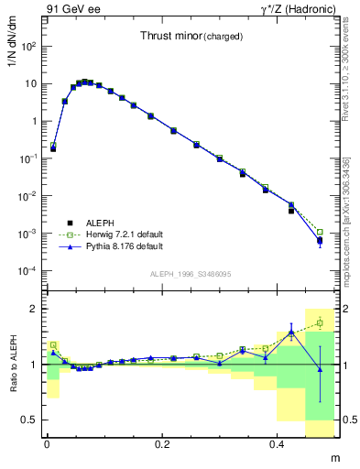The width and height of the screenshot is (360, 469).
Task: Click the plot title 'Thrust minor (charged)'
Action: click(x=191, y=37)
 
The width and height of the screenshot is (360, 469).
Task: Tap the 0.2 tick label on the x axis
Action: click(x=162, y=443)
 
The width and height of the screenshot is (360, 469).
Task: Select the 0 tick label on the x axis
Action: click(x=47, y=443)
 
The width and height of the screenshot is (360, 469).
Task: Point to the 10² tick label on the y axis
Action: click(x=28, y=46)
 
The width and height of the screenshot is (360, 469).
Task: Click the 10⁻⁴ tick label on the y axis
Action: click(x=27, y=271)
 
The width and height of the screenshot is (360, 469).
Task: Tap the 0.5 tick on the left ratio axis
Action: click(x=30, y=420)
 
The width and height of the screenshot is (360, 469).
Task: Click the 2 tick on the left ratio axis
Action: click(x=35, y=310)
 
